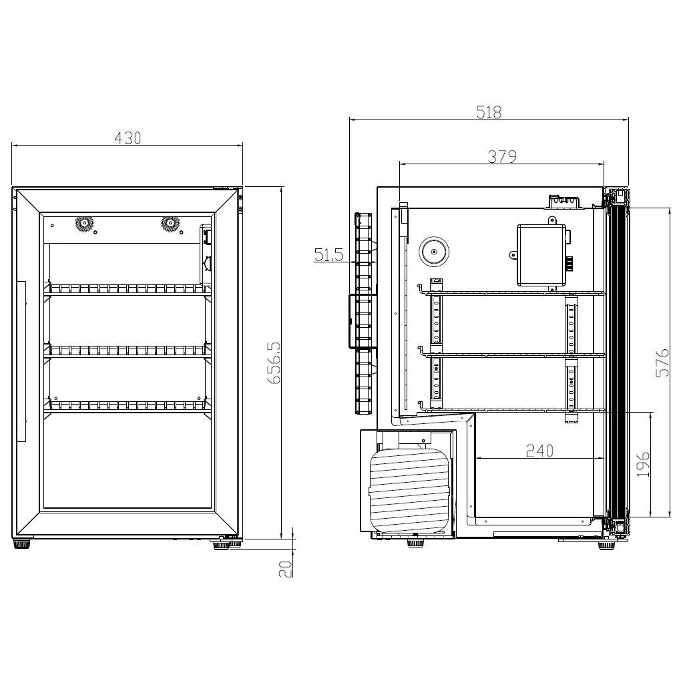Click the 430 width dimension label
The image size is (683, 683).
point(128,138)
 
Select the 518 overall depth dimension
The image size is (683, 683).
point(489,112)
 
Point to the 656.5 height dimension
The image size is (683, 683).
point(274,363)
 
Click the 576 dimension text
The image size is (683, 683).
point(662,362)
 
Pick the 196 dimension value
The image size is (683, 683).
point(642,464)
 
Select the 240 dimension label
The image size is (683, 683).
point(539,451)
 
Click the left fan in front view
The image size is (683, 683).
point(84,224)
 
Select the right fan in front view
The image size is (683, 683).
point(171,224)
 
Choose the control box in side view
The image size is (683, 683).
point(541,254)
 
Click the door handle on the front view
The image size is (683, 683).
point(21,361)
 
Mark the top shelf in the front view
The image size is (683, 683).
point(128,289)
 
